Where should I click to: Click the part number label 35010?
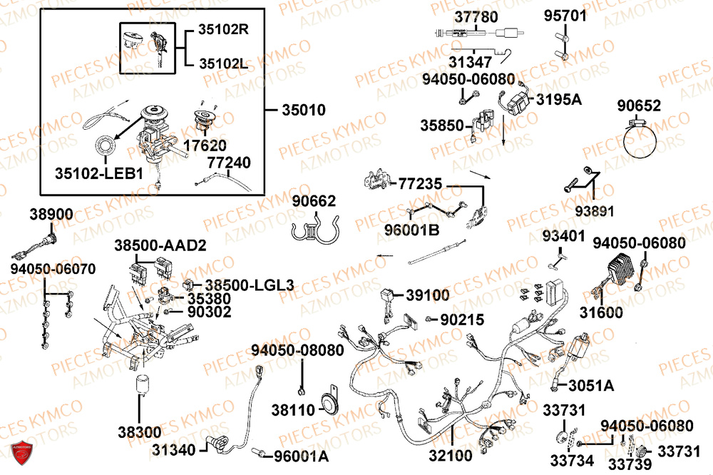coord(304,110)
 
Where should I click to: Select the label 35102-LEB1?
coord(98,173)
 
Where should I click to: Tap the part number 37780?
coord(476,17)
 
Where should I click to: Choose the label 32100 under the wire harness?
coord(451,455)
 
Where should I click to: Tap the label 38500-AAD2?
coord(160,245)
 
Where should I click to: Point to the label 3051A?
coord(591,386)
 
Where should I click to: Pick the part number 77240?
coord(229,163)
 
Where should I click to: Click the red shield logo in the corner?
coord(21,452)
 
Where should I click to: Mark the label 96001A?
coord(301,456)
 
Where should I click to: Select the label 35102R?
coord(224,29)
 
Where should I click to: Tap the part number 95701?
coord(565,16)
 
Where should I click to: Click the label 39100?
coord(427,295)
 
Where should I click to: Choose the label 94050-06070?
coord(53,269)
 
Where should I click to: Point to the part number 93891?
coord(595,211)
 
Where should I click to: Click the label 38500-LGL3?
coord(250,285)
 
